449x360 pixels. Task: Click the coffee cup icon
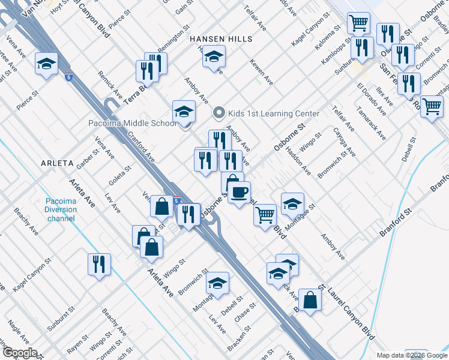click(x=239, y=192)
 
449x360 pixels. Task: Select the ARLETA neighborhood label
click(x=57, y=163)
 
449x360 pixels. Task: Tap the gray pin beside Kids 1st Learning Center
click(x=219, y=113)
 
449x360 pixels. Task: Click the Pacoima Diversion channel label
click(x=61, y=209)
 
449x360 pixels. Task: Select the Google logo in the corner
click(x=19, y=353)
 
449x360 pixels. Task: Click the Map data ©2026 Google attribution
click(x=412, y=355)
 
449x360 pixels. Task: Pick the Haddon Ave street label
click(x=298, y=160)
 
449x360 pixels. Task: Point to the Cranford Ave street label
click(x=142, y=148)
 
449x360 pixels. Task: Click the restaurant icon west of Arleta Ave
click(x=98, y=265)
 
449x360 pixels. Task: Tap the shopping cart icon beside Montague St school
click(x=264, y=214)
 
